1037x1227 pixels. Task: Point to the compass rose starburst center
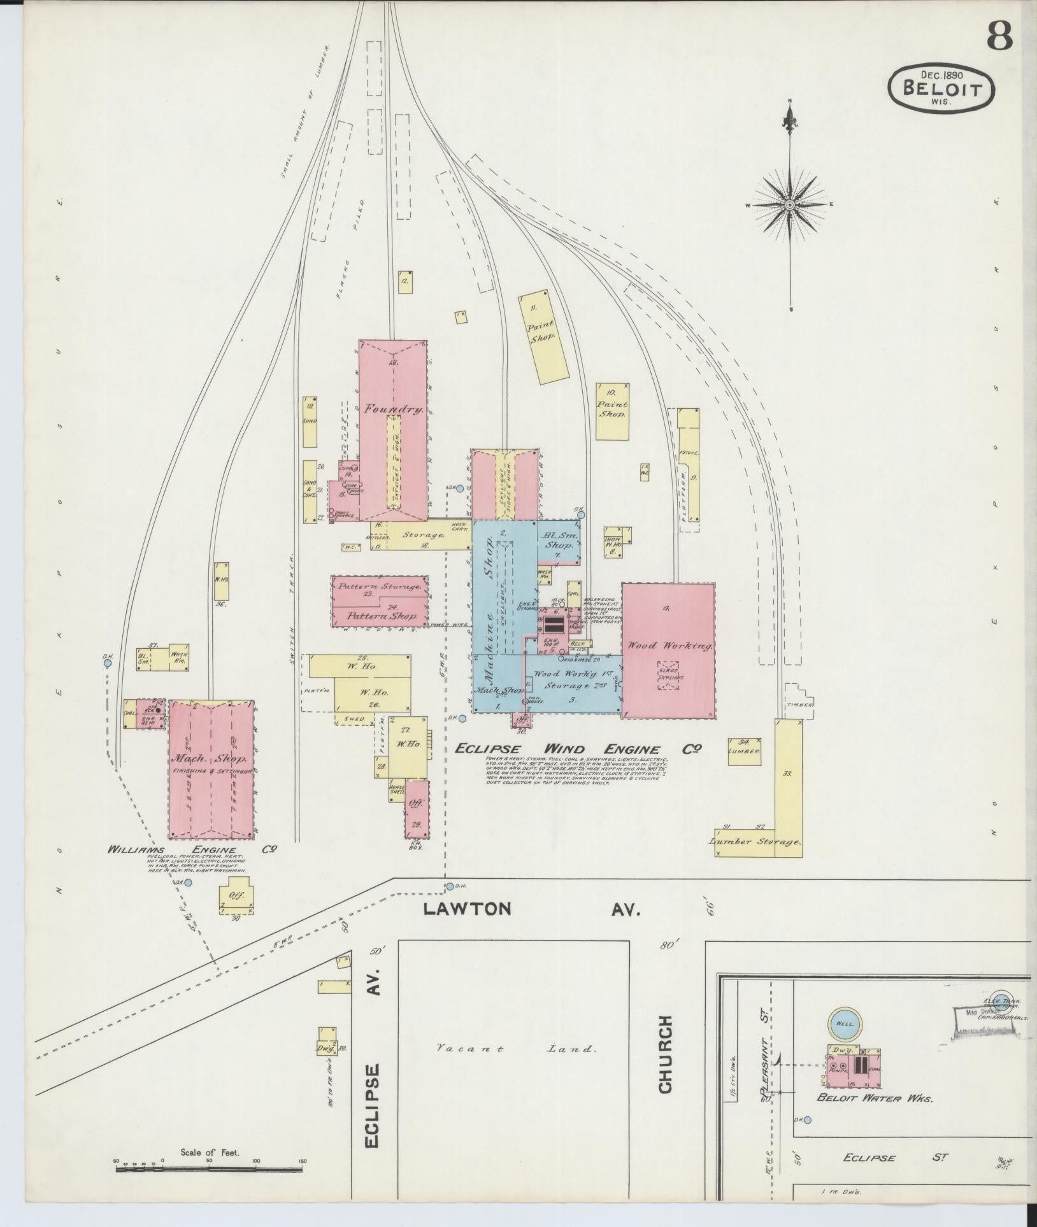[790, 205]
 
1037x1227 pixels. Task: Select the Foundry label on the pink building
[393, 410]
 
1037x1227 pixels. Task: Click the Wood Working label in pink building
[668, 646]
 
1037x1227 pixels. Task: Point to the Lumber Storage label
[754, 841]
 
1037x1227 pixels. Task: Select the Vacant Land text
[516, 1049]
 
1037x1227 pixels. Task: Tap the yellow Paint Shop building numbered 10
[612, 410]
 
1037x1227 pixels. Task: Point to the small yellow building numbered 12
[404, 281]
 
